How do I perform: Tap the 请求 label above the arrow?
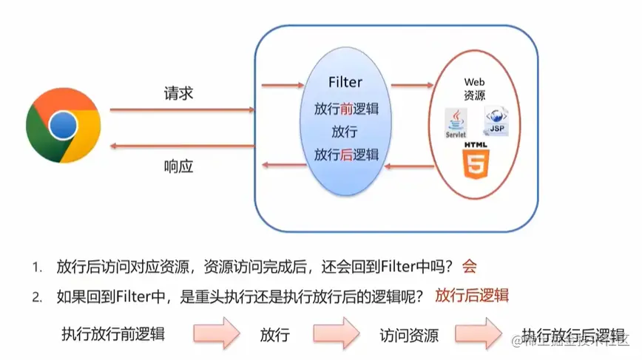pyautogui.click(x=178, y=96)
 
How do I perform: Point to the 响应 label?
pyautogui.click(x=178, y=166)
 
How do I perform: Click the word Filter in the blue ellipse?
pyautogui.click(x=345, y=82)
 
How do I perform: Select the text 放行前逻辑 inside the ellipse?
pyautogui.click(x=345, y=109)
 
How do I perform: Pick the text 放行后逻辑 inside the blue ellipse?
pyautogui.click(x=345, y=154)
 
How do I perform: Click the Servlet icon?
pyautogui.click(x=456, y=123)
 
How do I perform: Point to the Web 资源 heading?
pyautogui.click(x=473, y=89)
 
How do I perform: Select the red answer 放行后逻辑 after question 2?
pyautogui.click(x=472, y=296)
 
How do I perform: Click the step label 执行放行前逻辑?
pyautogui.click(x=112, y=333)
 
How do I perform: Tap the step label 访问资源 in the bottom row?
pyautogui.click(x=409, y=335)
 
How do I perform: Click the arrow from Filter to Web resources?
pyautogui.click(x=412, y=85)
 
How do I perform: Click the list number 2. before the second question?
pyautogui.click(x=36, y=296)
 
